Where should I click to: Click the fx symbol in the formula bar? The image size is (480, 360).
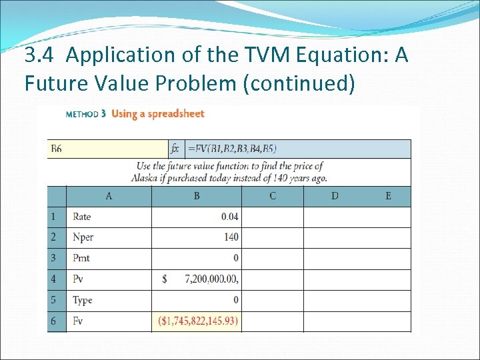(x=175, y=149)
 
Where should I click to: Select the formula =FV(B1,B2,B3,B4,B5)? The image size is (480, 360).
(x=233, y=149)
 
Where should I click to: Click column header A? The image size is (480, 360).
(x=109, y=196)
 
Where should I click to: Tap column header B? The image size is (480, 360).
(x=197, y=196)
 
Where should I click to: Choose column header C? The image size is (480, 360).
(x=273, y=196)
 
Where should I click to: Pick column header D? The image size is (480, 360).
(x=335, y=196)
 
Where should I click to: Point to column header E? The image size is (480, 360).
(x=388, y=196)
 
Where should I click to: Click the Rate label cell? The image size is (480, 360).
(x=82, y=217)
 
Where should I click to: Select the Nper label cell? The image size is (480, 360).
(x=83, y=237)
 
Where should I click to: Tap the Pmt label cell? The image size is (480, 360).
(x=81, y=258)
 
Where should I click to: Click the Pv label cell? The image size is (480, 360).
(x=79, y=279)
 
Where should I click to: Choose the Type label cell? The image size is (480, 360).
(x=83, y=300)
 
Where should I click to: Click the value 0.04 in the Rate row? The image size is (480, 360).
(x=229, y=217)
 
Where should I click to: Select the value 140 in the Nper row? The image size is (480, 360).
(x=231, y=237)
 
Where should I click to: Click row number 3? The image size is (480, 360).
(x=53, y=258)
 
